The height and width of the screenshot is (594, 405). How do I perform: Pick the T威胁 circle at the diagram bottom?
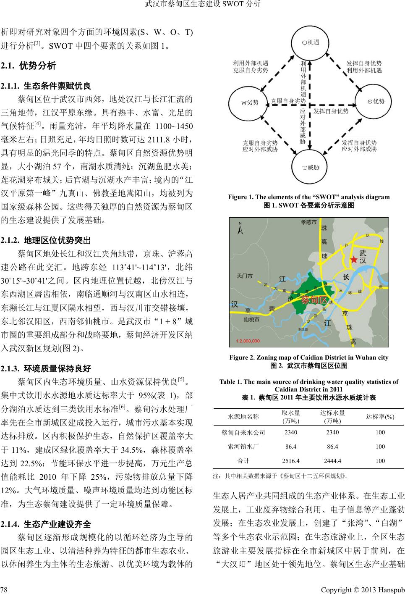pyautogui.click(x=311, y=167)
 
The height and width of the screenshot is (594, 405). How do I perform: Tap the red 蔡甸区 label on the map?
pyautogui.click(x=314, y=301)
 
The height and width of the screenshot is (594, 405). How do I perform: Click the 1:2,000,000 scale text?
pyautogui.click(x=248, y=341)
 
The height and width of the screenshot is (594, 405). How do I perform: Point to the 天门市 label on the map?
pyautogui.click(x=245, y=276)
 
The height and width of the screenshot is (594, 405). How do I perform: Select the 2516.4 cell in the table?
pyautogui.click(x=291, y=460)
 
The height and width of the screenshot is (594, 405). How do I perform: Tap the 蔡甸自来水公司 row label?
pyautogui.click(x=243, y=432)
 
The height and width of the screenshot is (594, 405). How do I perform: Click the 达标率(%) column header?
pyautogui.click(x=380, y=416)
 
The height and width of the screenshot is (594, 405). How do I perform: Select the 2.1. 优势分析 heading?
pyautogui.click(x=28, y=66)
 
